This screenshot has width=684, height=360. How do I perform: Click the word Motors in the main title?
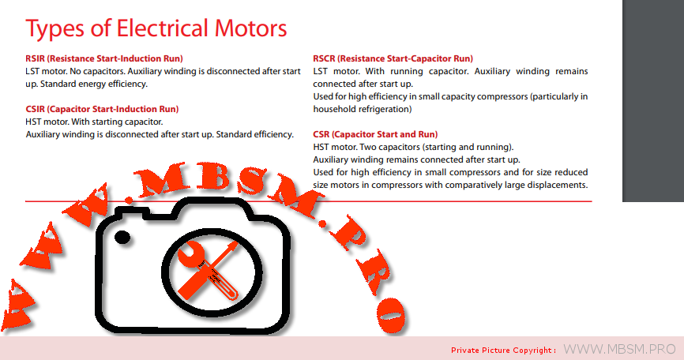click(250, 28)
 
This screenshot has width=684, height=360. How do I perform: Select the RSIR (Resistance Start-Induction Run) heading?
click(103, 58)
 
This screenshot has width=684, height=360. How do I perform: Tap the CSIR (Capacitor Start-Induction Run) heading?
click(102, 109)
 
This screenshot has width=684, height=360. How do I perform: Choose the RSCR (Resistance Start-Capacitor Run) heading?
click(393, 58)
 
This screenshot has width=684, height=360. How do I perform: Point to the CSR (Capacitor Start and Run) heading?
click(375, 134)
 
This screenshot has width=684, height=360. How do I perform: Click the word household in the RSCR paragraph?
click(334, 109)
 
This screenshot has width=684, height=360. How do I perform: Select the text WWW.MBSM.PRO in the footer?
click(619, 349)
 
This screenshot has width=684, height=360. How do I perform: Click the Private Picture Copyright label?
click(503, 350)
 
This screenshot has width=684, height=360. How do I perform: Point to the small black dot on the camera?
click(122, 238)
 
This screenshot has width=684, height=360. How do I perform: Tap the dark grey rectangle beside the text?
click(653, 101)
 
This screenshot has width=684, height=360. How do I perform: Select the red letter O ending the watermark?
click(391, 317)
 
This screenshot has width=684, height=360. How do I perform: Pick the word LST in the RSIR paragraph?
click(32, 71)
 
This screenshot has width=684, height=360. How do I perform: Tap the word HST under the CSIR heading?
click(33, 122)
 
